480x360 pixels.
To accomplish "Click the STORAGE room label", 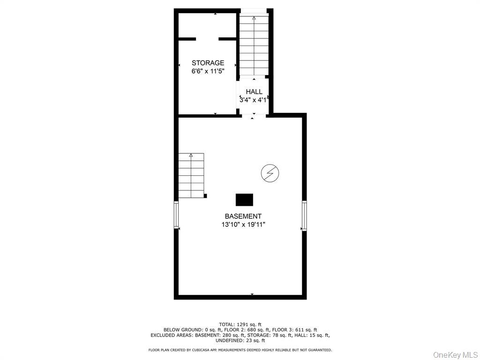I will [x=208, y=63].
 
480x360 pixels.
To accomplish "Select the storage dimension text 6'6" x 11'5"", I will [x=208, y=71].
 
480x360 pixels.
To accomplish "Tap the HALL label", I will [x=254, y=92].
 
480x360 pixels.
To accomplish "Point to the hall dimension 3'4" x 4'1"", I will [x=254, y=100].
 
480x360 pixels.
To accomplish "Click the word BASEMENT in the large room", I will [x=243, y=216].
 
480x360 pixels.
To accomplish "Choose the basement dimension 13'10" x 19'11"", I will [x=243, y=225].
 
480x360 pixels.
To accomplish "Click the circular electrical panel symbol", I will [x=270, y=173].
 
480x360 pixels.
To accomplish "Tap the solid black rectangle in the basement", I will [x=244, y=200].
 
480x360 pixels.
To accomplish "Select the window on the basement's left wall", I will [x=177, y=215].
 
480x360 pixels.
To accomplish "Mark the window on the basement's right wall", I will [x=304, y=216].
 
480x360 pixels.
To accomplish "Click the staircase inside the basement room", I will [x=191, y=175].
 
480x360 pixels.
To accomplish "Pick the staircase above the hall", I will [x=254, y=45].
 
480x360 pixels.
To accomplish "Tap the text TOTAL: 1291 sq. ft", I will [x=240, y=324].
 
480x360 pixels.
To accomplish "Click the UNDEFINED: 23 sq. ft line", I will [x=240, y=341].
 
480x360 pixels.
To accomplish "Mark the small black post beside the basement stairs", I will [x=205, y=196].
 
